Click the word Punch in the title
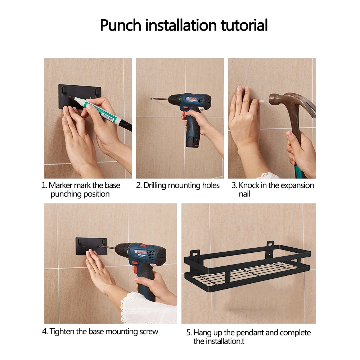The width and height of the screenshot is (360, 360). coord(120,25)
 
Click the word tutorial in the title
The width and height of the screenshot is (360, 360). coord(244,25)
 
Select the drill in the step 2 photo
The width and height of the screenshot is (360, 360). coord(188,115)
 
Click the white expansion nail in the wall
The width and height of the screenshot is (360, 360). coord(261,101)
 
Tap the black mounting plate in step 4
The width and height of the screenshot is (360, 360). coord(91,246)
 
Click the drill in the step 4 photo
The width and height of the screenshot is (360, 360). coord(140,264)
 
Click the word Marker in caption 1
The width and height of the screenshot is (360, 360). coord(60,185)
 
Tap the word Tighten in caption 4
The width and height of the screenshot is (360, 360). coord(62,332)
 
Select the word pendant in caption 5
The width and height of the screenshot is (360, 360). coord(250,333)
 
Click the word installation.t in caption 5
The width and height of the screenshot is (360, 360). coord(219,341)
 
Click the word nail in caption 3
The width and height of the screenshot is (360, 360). coord(244,194)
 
